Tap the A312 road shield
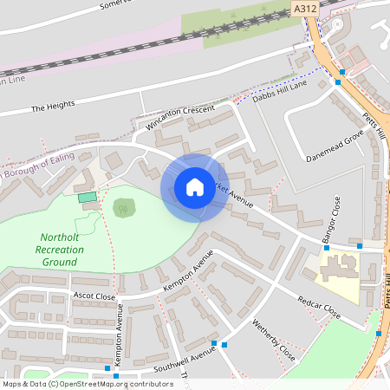pyautogui.click(x=304, y=8)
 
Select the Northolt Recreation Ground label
pyautogui.click(x=61, y=249)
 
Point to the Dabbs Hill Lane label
pyautogui.click(x=280, y=91)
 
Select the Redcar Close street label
pyautogui.click(x=319, y=309)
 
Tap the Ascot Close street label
pyautogui.click(x=94, y=296)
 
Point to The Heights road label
pyautogui.click(x=53, y=107)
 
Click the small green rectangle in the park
pyautogui.click(x=86, y=198)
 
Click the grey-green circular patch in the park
pyautogui.click(x=124, y=207)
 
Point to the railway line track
pyautogui.click(x=130, y=51)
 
